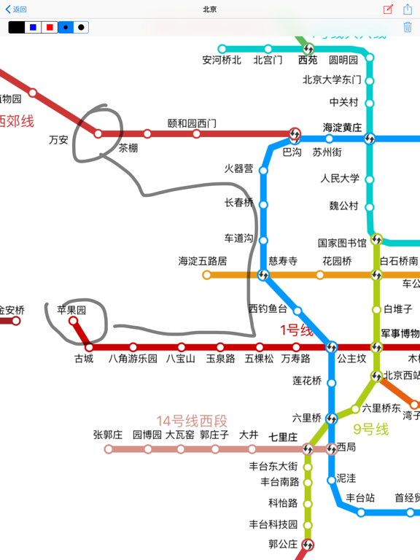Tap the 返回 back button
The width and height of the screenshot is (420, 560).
point(16,9)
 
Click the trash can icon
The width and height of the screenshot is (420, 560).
point(408,27)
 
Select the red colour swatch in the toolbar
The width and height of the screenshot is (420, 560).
point(50,27)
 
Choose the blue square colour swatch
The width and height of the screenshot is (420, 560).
point(33,27)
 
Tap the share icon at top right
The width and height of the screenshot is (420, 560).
point(408,9)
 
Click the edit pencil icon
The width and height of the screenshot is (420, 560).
point(388,9)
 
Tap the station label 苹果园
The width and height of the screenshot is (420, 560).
point(71,310)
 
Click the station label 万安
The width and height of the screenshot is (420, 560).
point(58,139)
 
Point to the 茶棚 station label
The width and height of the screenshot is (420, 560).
point(128,148)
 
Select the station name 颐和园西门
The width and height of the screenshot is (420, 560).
point(192,123)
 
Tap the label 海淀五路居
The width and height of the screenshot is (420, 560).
point(203,260)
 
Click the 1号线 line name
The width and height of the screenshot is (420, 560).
point(297,330)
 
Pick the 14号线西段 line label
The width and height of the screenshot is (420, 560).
point(192,421)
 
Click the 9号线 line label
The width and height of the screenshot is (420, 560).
point(371,429)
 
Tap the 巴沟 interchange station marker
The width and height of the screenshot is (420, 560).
point(295,134)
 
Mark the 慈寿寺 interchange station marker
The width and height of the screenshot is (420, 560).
point(264,275)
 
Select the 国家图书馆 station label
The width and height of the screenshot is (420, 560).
point(342,243)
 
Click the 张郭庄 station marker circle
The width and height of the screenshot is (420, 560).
point(109,449)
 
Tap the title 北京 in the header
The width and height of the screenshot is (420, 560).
point(210,9)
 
